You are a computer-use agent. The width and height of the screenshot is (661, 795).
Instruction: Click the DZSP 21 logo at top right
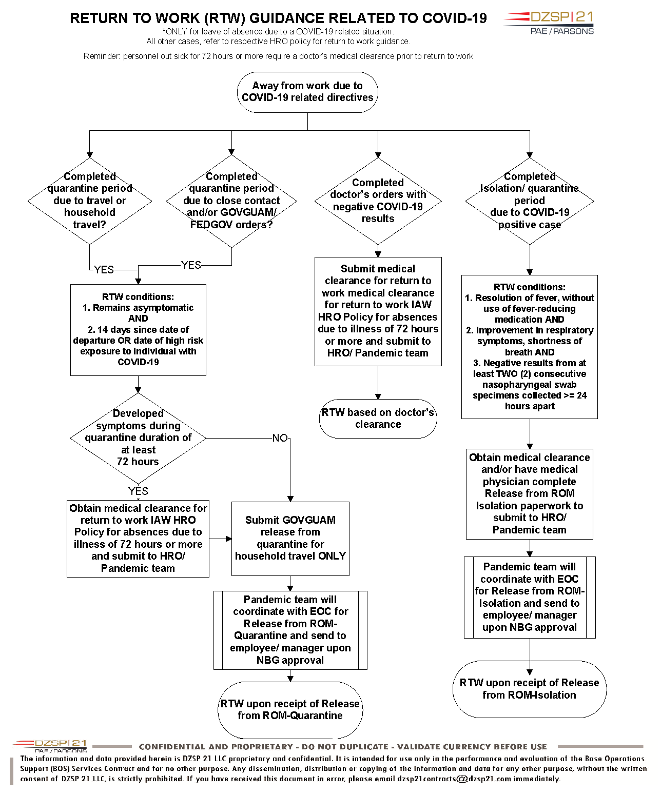548,23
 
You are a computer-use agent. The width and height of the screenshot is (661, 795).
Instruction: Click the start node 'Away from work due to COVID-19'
307,92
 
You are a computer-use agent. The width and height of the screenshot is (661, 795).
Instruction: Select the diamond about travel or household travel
89,201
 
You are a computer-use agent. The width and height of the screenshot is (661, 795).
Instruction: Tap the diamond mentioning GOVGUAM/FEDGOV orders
231,201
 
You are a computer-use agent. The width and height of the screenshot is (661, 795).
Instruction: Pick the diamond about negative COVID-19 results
378,201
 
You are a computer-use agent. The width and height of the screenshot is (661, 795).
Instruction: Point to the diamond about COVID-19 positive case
530,201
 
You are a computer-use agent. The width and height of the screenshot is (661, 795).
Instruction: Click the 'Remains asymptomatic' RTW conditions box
138,330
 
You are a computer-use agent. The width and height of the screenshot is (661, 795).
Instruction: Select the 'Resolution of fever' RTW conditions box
530,347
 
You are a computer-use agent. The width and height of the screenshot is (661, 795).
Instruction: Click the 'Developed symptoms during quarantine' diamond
138,438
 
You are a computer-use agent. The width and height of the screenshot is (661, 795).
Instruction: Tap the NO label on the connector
280,438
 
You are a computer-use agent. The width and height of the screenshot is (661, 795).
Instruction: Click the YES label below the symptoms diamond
138,491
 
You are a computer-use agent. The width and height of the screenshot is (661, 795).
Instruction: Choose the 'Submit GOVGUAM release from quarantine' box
290,539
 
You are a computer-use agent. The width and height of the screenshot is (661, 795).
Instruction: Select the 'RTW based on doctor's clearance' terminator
378,419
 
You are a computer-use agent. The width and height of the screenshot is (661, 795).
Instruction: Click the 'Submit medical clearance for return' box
378,311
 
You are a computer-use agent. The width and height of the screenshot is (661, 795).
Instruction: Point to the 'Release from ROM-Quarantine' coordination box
290,630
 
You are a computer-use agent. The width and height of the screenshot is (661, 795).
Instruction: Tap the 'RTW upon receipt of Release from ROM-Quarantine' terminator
290,710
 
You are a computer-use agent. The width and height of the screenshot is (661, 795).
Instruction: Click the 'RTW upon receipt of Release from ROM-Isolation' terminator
530,689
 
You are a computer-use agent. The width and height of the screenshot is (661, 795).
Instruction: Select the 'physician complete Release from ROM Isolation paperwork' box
530,494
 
